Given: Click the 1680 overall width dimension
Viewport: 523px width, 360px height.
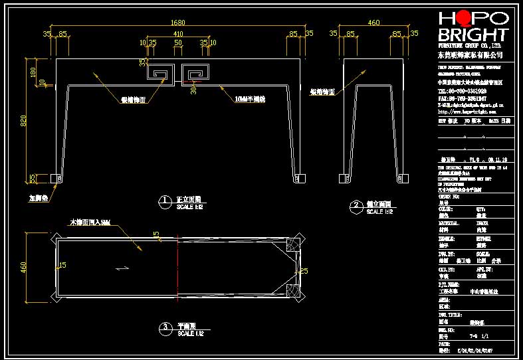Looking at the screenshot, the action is [x=178, y=23].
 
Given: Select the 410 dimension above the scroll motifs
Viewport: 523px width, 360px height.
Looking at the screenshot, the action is [x=178, y=33].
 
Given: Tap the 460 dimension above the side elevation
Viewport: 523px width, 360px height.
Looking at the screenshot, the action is [x=373, y=23].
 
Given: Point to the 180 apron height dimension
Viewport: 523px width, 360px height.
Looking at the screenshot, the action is [x=34, y=71].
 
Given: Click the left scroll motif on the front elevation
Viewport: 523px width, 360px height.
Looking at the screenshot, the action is [x=160, y=74].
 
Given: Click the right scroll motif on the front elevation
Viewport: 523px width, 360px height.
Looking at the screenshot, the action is [x=195, y=74].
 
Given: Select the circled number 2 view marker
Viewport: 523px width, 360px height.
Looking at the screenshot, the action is [x=356, y=206].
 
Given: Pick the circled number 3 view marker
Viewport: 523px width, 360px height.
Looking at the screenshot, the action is [x=163, y=327].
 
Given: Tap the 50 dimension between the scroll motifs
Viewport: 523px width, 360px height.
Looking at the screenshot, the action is [x=178, y=43].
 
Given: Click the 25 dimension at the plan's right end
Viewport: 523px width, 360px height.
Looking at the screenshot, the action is [x=304, y=270].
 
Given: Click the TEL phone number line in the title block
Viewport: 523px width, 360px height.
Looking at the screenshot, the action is [x=462, y=90].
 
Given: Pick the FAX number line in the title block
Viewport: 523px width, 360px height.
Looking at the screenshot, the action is [x=462, y=98].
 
